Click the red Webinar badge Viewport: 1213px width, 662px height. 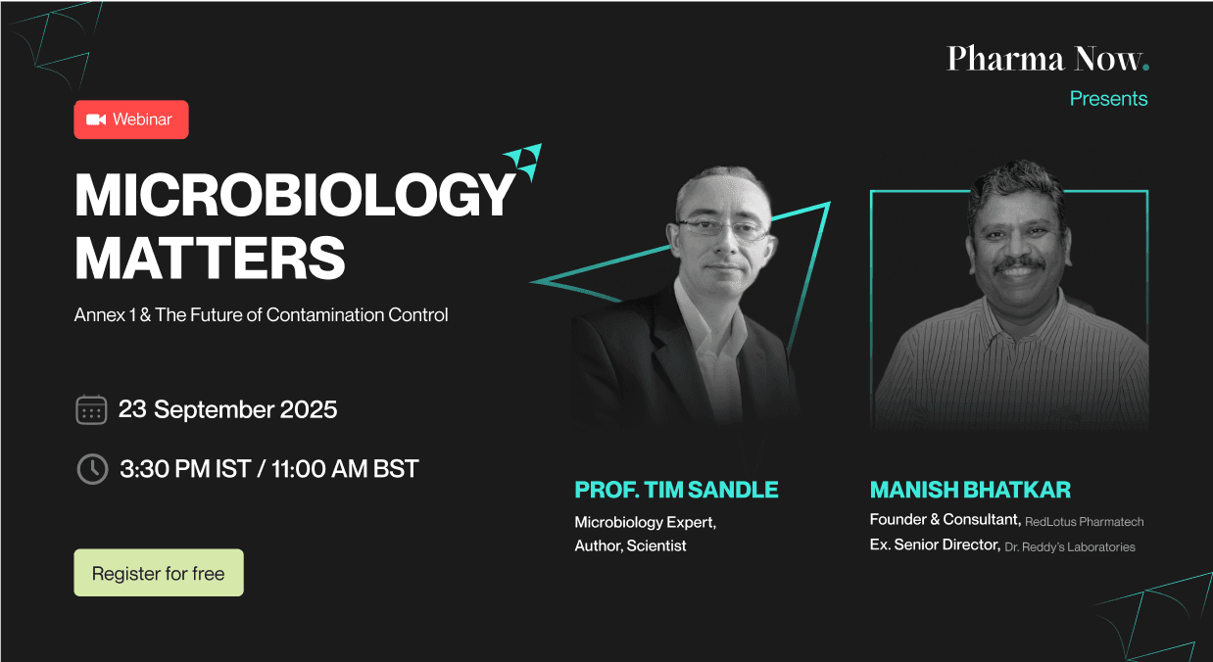coord(131,119)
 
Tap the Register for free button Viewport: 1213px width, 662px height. coord(159,573)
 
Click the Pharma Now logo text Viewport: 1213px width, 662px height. coord(1046,59)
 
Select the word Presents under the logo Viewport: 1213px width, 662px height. coord(1108,99)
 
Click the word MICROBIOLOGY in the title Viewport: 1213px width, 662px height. coord(294,195)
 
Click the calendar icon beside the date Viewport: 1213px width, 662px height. coord(91,409)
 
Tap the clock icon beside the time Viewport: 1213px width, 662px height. coord(91,469)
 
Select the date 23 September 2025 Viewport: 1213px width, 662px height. coord(227,409)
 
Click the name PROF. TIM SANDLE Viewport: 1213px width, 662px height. coord(676,490)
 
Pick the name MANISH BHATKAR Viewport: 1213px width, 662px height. coord(970,490)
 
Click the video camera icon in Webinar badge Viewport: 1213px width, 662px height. coord(95,119)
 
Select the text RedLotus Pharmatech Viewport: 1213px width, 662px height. coord(1084,522)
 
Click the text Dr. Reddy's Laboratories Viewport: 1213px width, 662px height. coord(1070,547)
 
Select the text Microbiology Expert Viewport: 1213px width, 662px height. coord(645,522)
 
